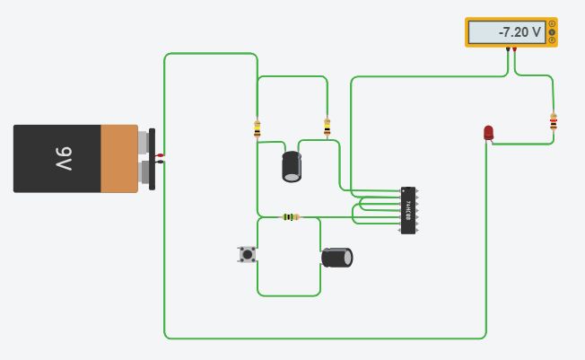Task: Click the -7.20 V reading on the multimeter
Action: coord(507,32)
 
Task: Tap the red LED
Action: coord(488,133)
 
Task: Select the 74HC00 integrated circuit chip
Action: coord(408,211)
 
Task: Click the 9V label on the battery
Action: coord(62,159)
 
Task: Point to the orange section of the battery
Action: coord(119,159)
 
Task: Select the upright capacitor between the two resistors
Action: coord(292,167)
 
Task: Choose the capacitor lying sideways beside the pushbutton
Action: coord(337,258)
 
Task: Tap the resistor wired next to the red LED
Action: coord(553,122)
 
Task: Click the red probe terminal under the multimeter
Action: coord(514,48)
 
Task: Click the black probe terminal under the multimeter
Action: coord(507,48)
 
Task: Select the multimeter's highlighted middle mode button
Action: coord(551,32)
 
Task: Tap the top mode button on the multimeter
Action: coord(551,24)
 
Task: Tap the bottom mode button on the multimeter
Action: coord(551,40)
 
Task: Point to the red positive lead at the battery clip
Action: coord(161,156)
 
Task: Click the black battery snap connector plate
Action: coord(153,158)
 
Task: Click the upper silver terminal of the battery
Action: coord(144,142)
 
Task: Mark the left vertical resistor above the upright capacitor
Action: coord(258,129)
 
